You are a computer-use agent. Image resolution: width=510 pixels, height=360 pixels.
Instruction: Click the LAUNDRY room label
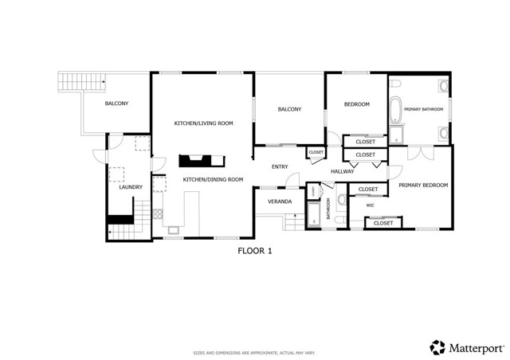coord(130,187)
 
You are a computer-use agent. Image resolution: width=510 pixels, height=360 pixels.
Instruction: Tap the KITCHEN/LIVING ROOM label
coord(203,123)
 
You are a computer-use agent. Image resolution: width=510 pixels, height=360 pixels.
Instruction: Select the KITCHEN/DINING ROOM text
coord(213,180)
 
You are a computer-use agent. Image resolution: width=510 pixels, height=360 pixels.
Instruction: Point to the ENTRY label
coord(280,167)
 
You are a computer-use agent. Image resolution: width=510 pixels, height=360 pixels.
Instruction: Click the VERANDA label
coord(280,202)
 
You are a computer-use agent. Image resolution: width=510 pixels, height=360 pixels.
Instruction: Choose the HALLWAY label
coord(343,171)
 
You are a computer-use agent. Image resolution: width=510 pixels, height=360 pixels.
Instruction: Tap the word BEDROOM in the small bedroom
coord(356,104)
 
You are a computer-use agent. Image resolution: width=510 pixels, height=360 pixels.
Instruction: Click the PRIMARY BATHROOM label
coord(423,109)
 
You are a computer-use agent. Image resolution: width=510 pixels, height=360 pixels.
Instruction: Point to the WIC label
coord(370,205)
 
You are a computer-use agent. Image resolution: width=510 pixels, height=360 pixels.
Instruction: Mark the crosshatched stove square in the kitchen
coord(158,213)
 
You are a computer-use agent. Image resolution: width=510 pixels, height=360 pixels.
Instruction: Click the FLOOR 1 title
coord(255,251)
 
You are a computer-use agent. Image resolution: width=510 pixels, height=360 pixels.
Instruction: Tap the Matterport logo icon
coord(437,346)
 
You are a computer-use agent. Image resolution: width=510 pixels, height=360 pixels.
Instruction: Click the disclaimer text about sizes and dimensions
coord(254,352)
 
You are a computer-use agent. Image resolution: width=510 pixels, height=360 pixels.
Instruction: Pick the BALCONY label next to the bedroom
coord(289,109)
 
